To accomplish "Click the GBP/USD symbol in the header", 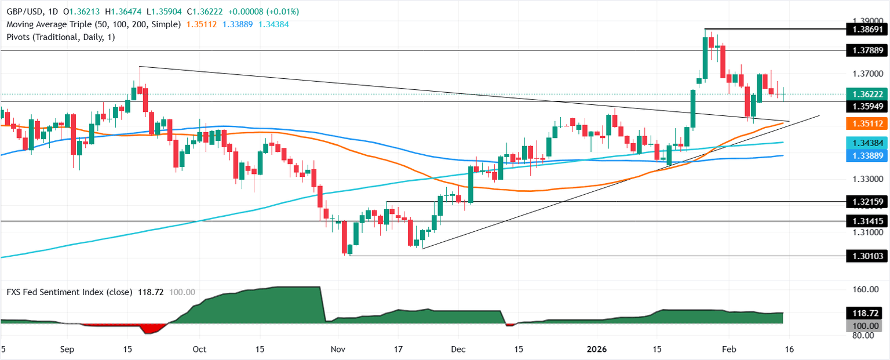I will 21,12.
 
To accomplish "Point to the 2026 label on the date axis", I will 597,350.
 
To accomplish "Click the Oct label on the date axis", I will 199,350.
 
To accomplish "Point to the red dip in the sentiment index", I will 152,329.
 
